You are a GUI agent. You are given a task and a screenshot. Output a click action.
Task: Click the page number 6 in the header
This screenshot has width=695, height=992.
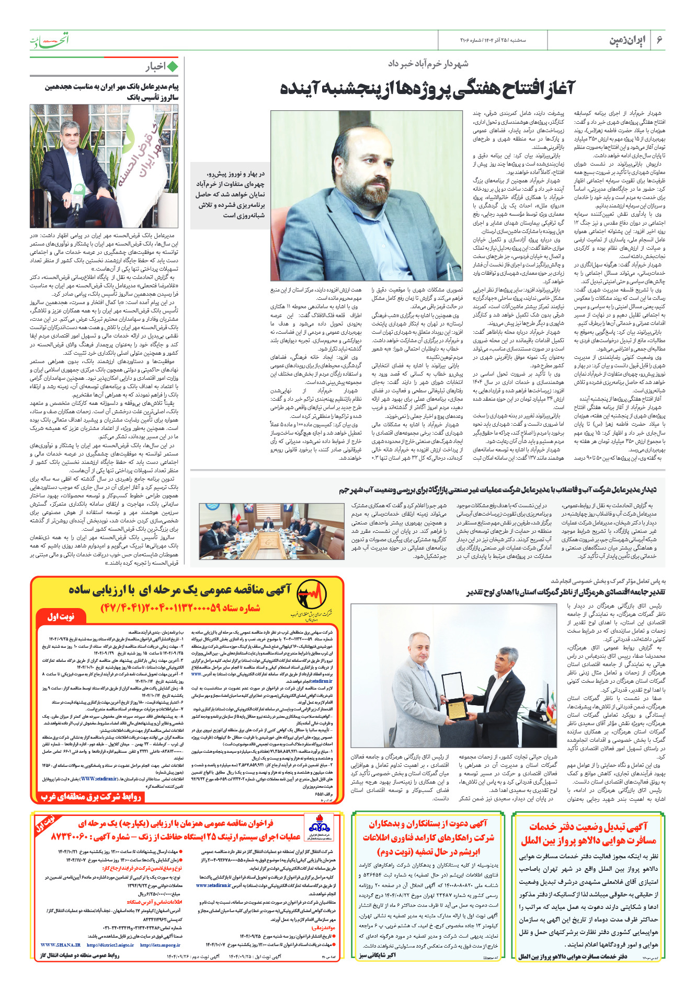coord(660,40)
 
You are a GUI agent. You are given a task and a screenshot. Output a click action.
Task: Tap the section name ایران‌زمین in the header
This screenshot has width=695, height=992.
coord(628,41)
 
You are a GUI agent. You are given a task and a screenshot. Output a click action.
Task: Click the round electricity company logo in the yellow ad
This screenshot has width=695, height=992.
coord(311,595)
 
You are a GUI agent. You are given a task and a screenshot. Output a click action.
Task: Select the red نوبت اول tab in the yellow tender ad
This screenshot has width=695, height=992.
coord(61,617)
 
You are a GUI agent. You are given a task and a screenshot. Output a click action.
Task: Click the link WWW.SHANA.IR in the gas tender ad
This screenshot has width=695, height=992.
coord(60,945)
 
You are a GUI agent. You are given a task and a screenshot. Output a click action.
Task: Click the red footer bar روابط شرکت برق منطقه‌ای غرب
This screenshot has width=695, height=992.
coord(92,797)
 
